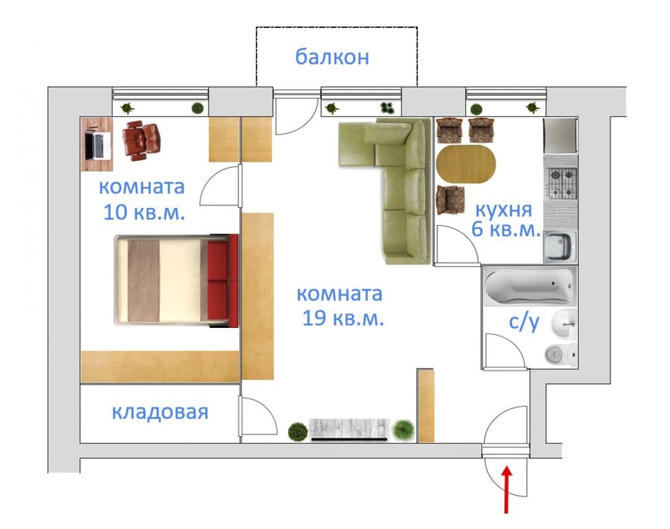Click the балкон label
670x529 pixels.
[x=332, y=57]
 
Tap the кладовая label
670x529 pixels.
[x=160, y=412]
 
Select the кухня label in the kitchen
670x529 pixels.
[x=504, y=209]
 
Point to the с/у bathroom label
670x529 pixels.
[x=524, y=322]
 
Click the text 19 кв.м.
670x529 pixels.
[x=343, y=318]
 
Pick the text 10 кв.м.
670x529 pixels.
[x=144, y=212]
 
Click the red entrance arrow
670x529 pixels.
[x=506, y=489]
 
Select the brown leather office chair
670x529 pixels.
[x=141, y=141]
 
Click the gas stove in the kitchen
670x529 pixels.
[x=562, y=183]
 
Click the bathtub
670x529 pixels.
[x=529, y=286]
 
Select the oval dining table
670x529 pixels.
[x=465, y=164]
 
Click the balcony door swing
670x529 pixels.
[x=296, y=116]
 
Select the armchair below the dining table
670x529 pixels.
[x=450, y=200]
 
